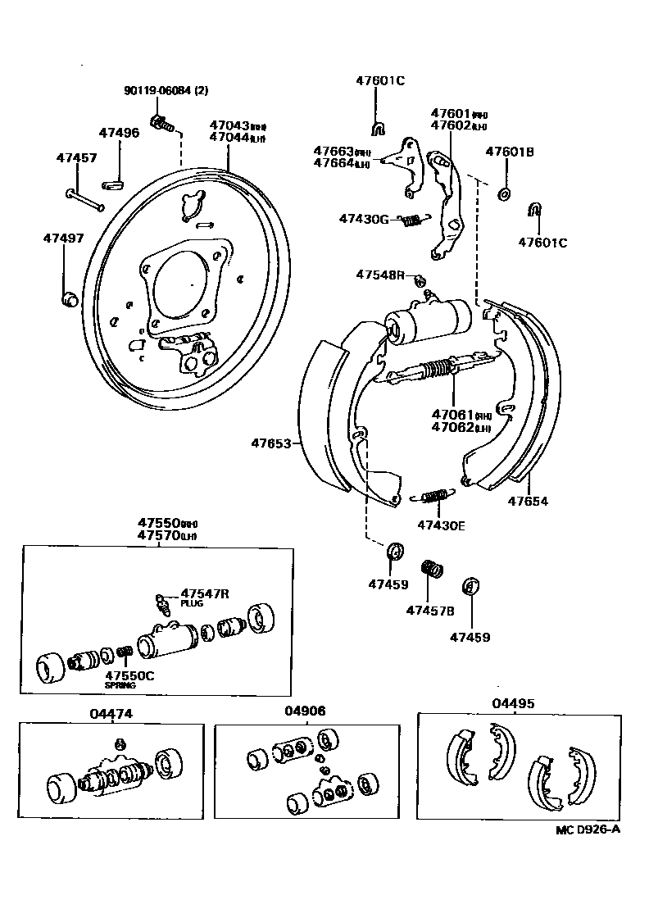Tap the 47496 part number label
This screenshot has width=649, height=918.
[120, 132]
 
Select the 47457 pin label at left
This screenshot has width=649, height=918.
[76, 157]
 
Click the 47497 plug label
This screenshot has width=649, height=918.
[64, 238]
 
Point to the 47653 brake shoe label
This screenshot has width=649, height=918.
[271, 443]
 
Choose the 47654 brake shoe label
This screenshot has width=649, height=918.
[528, 502]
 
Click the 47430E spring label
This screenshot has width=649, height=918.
[441, 525]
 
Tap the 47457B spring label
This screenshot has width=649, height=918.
[430, 609]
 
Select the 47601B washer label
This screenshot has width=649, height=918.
[510, 152]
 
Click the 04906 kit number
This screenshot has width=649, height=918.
[305, 711]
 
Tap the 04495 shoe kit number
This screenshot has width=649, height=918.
[513, 702]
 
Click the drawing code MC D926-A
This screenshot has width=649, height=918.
[588, 829]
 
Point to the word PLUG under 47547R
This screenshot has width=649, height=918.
[192, 603]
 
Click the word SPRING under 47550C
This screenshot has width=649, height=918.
[120, 685]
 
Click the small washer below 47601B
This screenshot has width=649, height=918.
[504, 194]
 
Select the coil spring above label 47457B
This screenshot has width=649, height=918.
[431, 568]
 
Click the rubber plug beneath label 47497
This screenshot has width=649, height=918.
[70, 297]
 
